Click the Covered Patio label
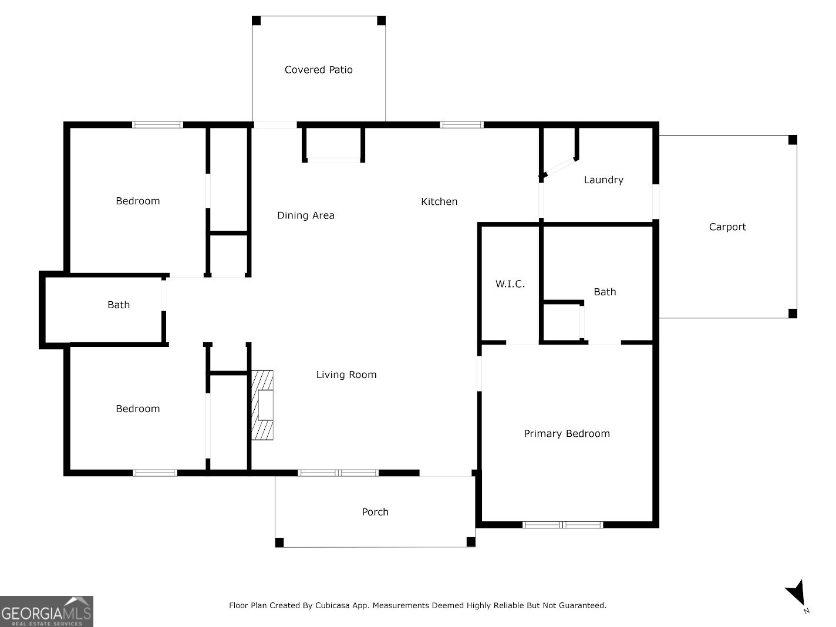pyautogui.click(x=318, y=70)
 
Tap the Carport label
pyautogui.click(x=727, y=227)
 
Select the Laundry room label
pyautogui.click(x=603, y=180)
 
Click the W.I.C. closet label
pyautogui.click(x=510, y=284)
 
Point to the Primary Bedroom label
pyautogui.click(x=566, y=434)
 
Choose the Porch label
pyautogui.click(x=375, y=512)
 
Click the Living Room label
pyautogui.click(x=346, y=375)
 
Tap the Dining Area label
pyautogui.click(x=305, y=215)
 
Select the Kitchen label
pyautogui.click(x=439, y=201)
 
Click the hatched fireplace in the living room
pyautogui.click(x=262, y=404)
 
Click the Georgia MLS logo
pyautogui.click(x=46, y=611)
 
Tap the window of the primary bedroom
pyautogui.click(x=562, y=524)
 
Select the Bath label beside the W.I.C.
pyautogui.click(x=604, y=292)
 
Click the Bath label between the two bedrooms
pyautogui.click(x=118, y=305)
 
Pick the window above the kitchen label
pyautogui.click(x=461, y=124)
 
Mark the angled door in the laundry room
pyautogui.click(x=558, y=167)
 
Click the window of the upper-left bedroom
pyautogui.click(x=157, y=124)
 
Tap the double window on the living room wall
pyautogui.click(x=338, y=473)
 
